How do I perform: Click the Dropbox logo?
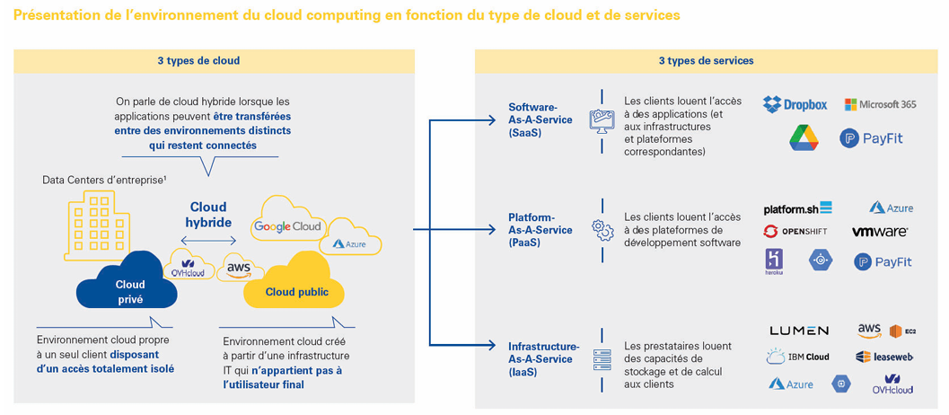click(795, 104)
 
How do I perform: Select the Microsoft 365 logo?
click(880, 104)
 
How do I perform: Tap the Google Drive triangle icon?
click(804, 137)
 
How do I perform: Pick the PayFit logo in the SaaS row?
click(877, 137)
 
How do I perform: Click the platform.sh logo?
click(797, 208)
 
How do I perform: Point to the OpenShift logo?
click(795, 232)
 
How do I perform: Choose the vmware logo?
click(880, 232)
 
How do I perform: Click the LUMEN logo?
click(799, 331)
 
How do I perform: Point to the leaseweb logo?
click(884, 357)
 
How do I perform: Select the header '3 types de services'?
click(706, 61)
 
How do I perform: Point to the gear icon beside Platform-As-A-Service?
click(602, 230)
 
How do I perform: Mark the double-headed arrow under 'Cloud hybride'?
click(208, 240)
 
